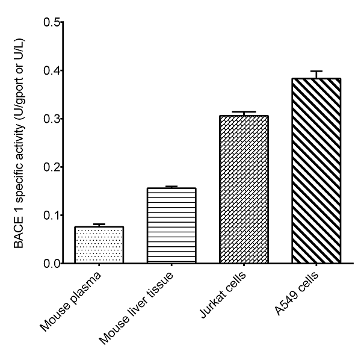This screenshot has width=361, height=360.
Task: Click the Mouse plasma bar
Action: [x=99, y=245]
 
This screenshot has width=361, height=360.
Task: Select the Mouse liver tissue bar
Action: [x=171, y=226]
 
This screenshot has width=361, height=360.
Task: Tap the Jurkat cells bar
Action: [x=244, y=190]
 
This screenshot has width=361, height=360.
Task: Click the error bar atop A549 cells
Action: [x=316, y=74]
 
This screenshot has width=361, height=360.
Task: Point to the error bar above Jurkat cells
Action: [x=244, y=113]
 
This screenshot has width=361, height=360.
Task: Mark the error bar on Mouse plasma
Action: [x=99, y=225]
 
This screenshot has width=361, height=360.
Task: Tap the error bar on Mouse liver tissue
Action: [x=171, y=187]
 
